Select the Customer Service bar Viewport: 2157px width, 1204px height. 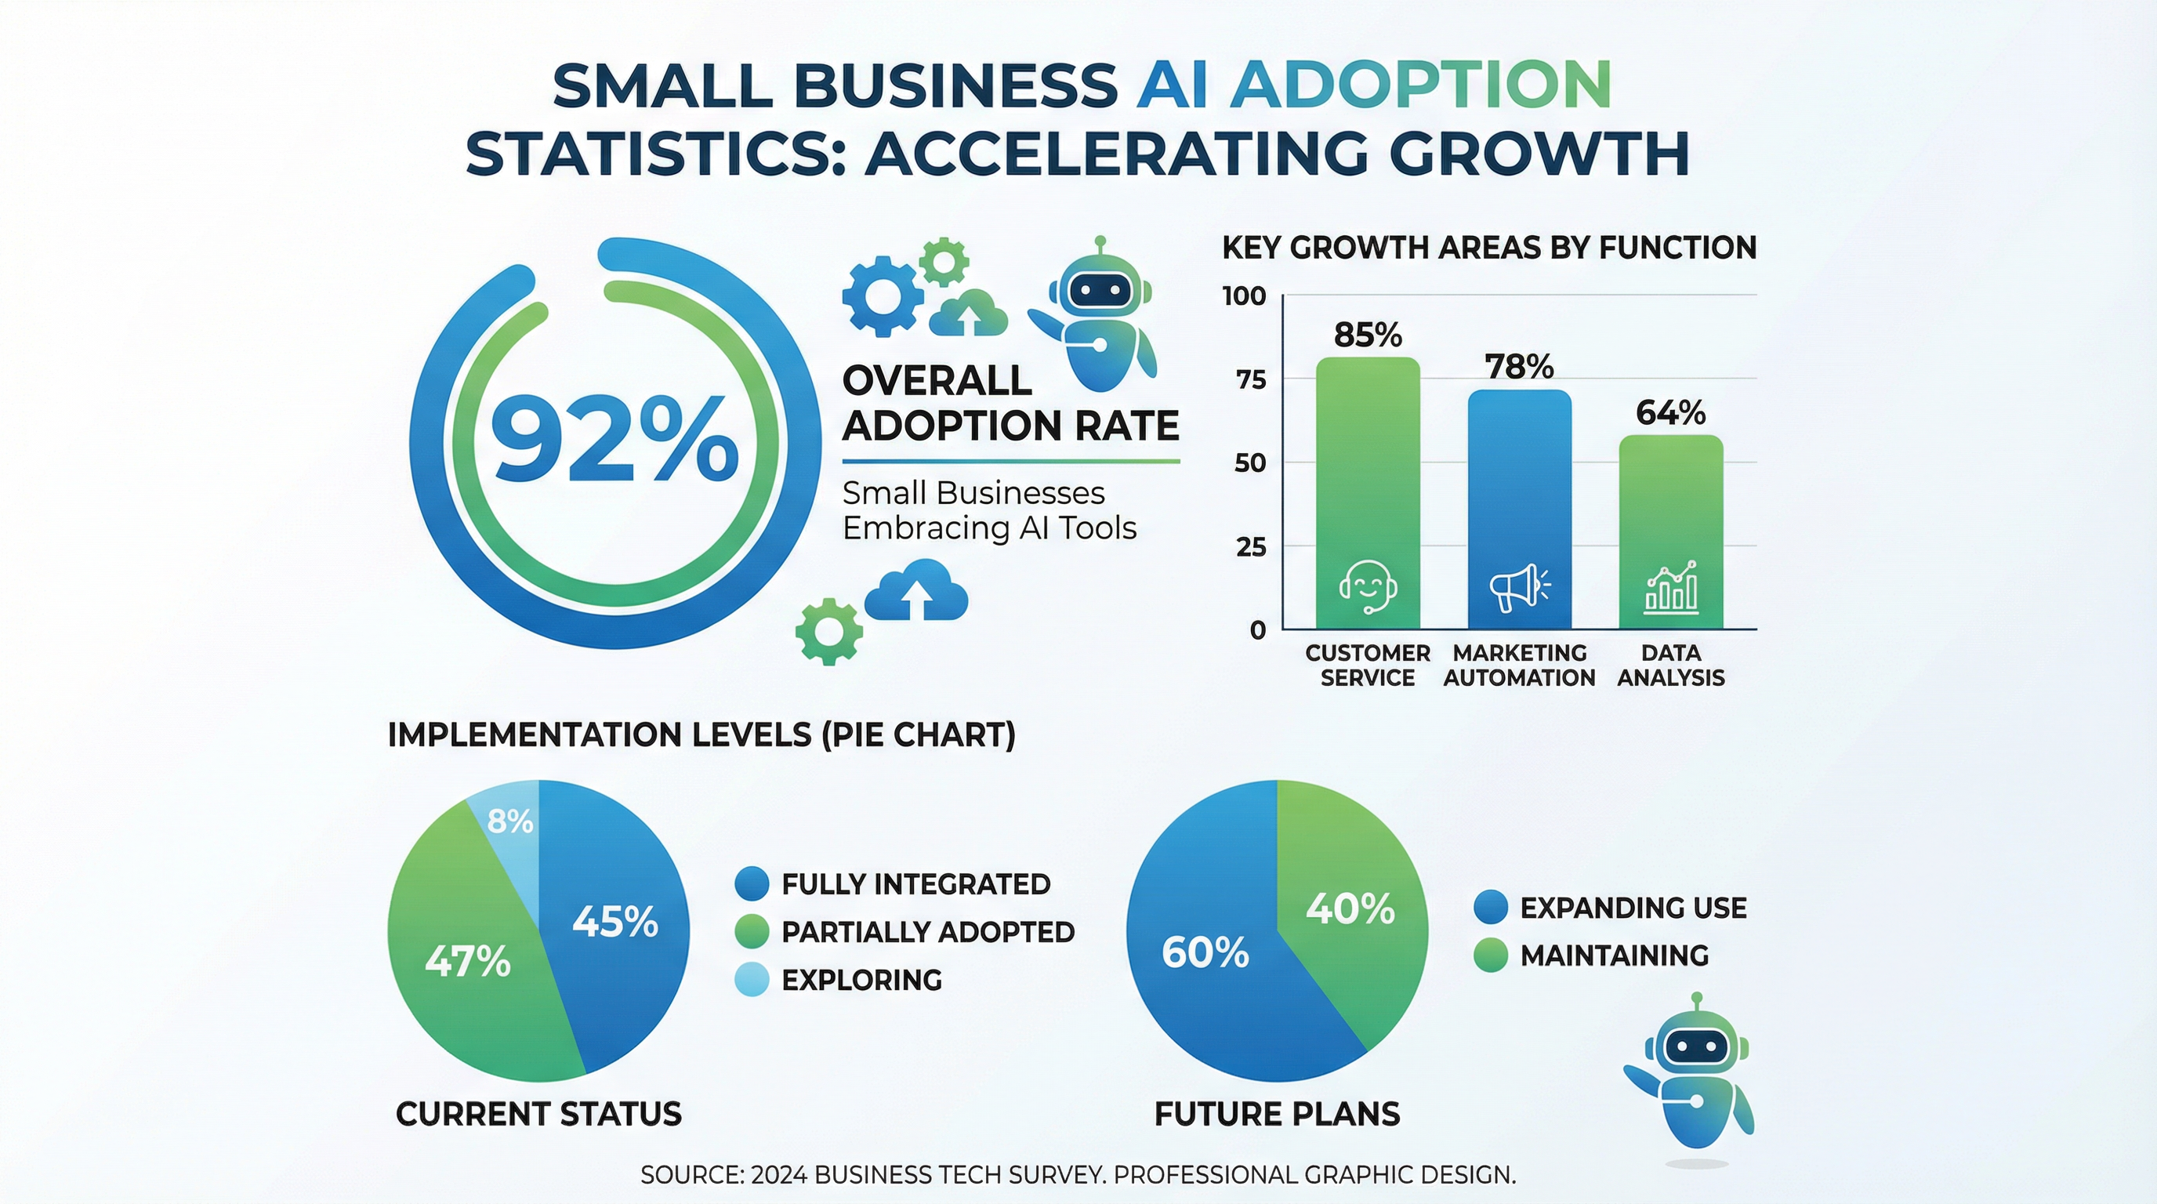(x=1368, y=469)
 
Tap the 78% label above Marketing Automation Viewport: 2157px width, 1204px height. (x=1519, y=367)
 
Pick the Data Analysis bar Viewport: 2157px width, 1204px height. (x=1670, y=519)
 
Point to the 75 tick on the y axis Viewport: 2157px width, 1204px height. (x=1250, y=380)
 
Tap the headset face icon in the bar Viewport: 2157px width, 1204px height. (x=1368, y=586)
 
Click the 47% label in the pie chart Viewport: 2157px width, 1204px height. (x=467, y=961)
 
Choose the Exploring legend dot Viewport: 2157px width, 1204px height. (x=751, y=980)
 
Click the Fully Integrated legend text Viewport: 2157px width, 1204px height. (x=915, y=884)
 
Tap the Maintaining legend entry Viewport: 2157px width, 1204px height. (x=1614, y=956)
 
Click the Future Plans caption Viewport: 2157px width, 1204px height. (x=1277, y=1115)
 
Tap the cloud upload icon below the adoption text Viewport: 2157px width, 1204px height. (x=916, y=591)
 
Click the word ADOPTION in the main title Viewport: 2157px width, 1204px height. (x=1419, y=85)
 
